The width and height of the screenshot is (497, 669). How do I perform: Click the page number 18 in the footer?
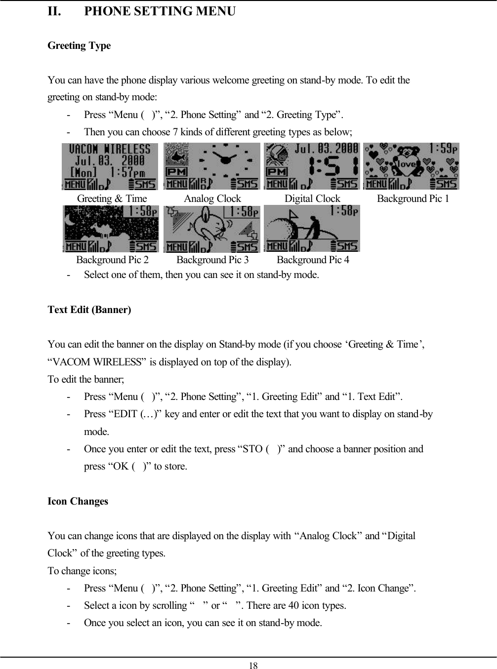pos(253,666)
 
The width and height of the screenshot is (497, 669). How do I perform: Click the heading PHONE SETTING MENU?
pos(160,11)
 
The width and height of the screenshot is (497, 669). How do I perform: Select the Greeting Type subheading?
pos(79,46)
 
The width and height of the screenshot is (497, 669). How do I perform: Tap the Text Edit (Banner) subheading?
pos(89,310)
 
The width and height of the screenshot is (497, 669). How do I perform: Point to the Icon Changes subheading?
pos(78,502)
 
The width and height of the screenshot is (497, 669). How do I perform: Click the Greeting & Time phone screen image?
pos(110,166)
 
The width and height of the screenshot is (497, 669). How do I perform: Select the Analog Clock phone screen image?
pos(211,166)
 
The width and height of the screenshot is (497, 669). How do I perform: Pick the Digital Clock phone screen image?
pos(312,166)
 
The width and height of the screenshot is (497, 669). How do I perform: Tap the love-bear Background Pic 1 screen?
pos(411,166)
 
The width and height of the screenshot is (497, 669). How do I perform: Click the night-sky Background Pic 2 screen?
pos(111,229)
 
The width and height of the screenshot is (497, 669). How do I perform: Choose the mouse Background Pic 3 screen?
pos(211,229)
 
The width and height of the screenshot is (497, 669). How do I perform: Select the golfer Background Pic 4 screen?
pos(312,229)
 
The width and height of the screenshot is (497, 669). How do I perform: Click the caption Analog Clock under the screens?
pos(212,199)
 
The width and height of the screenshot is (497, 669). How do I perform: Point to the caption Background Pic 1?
pos(413,199)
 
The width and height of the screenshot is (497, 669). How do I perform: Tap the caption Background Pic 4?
pos(313,260)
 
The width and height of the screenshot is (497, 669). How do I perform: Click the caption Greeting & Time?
pos(112,199)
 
